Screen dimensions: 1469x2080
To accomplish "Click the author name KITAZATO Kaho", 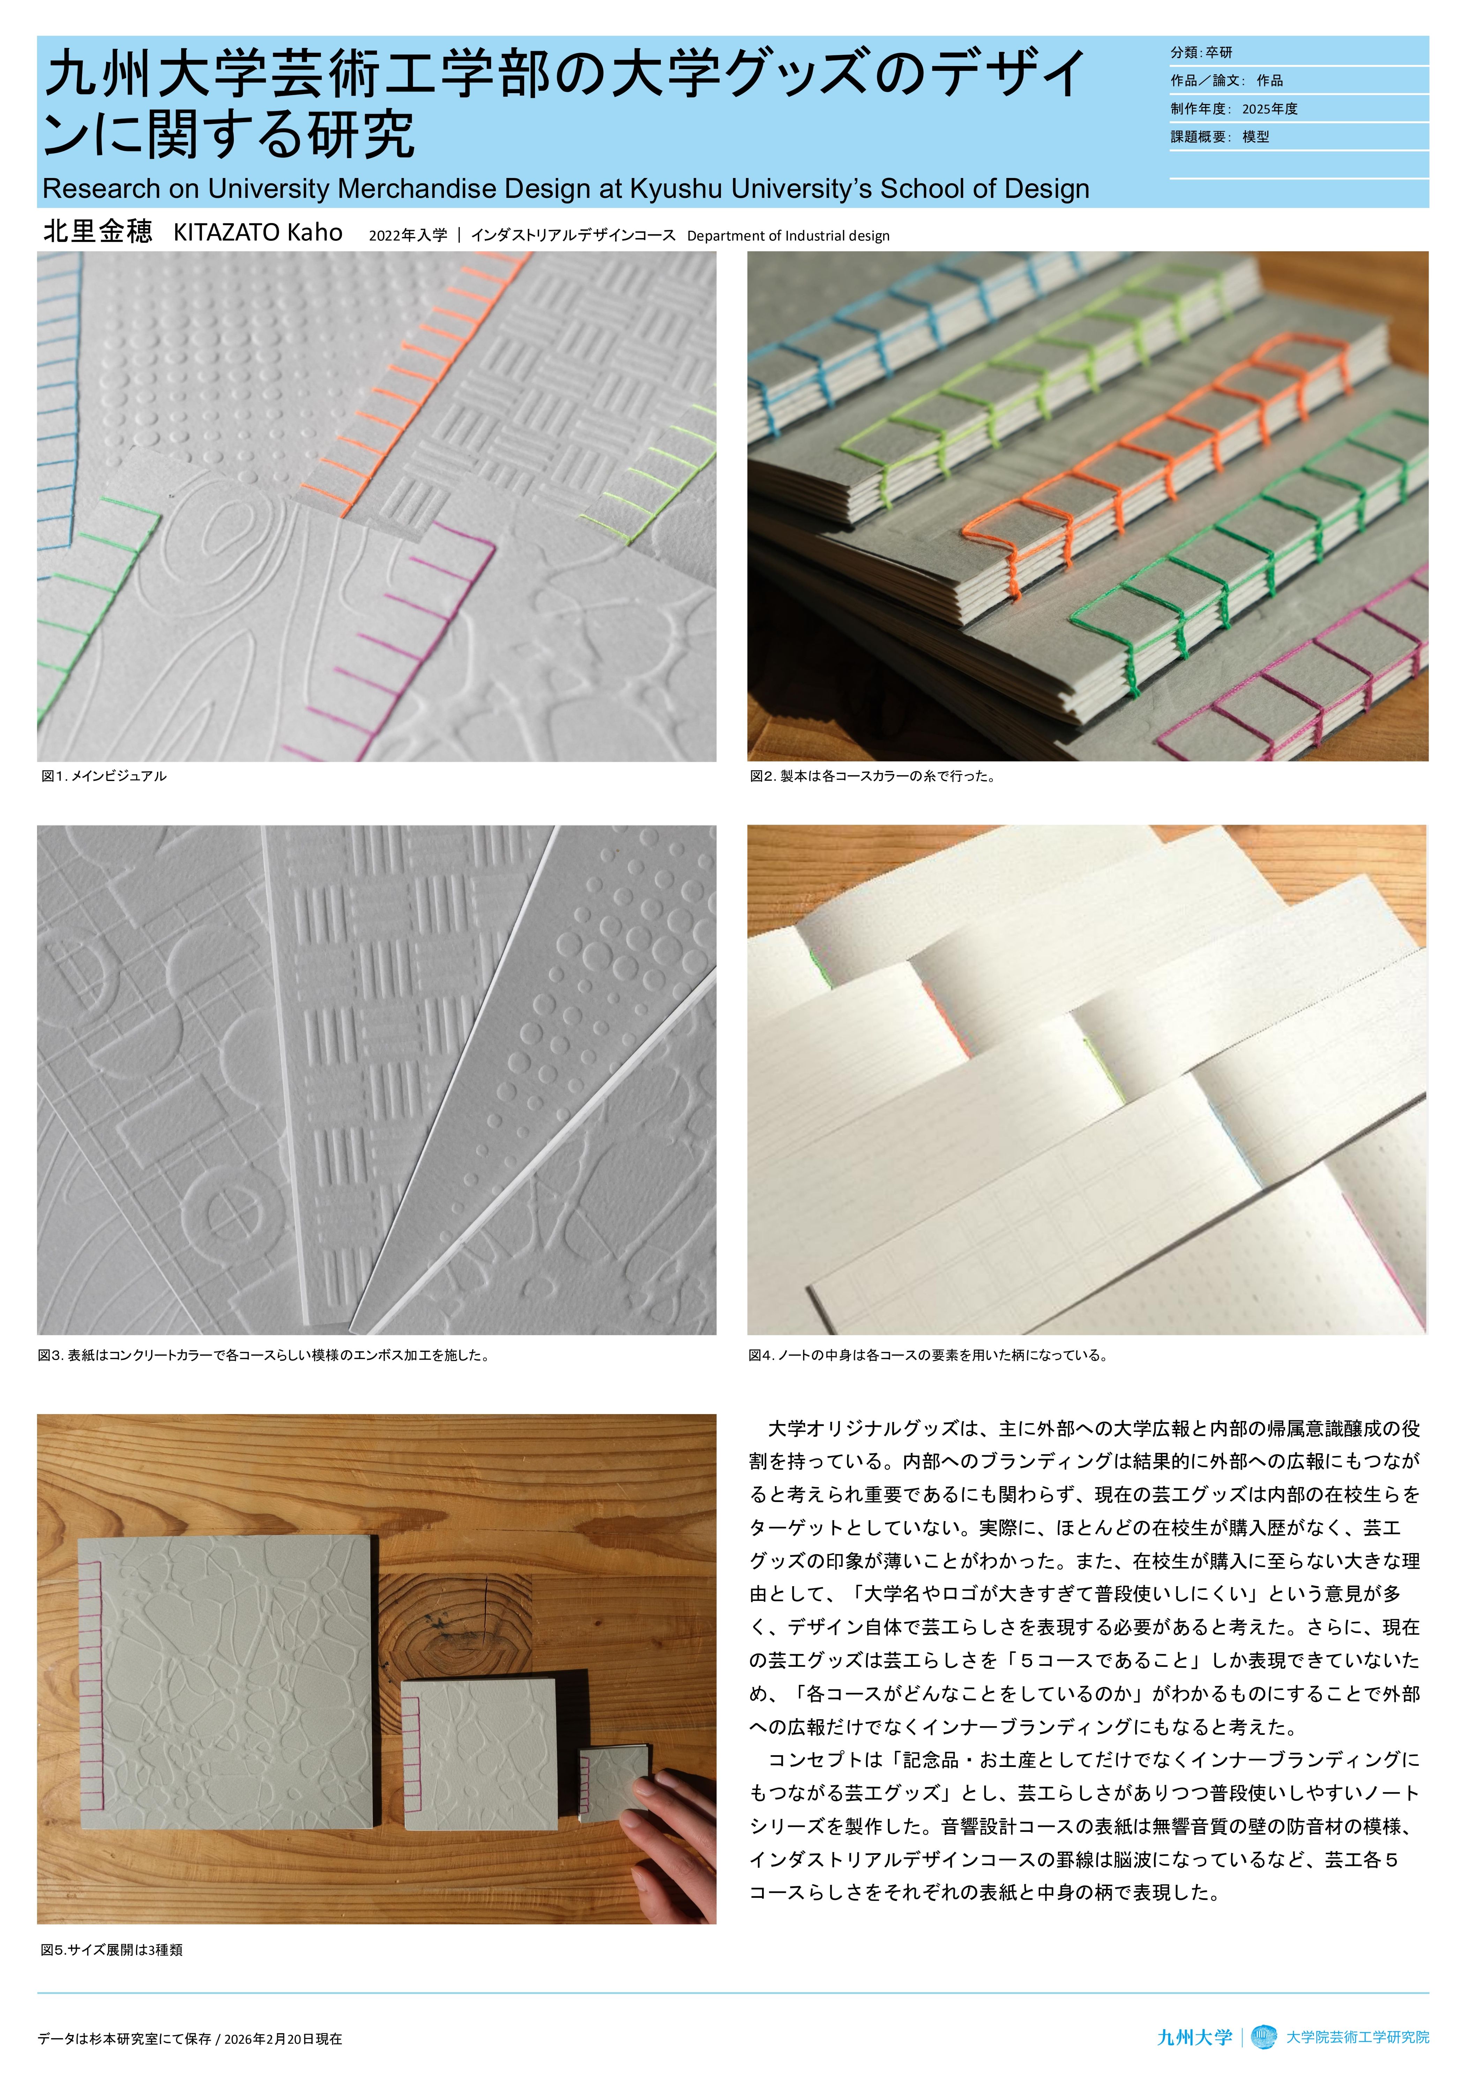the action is (x=258, y=233).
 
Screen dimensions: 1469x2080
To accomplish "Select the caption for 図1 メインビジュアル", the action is (x=104, y=777).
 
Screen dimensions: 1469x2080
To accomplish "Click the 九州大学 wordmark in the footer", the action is (x=1195, y=2037).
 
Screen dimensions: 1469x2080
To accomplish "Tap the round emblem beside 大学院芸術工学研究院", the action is (x=1263, y=2037).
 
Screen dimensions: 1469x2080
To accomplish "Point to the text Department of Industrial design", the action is (x=788, y=236).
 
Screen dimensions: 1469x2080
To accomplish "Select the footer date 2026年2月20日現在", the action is (x=283, y=2039).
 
